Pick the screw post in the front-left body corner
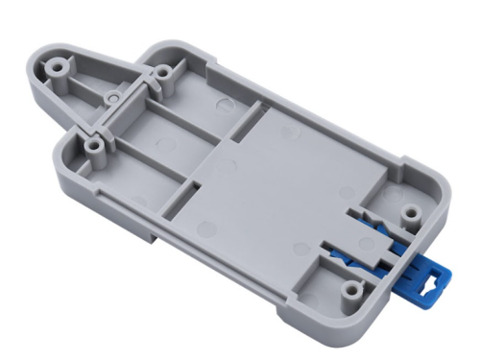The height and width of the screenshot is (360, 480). tap(95, 145)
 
